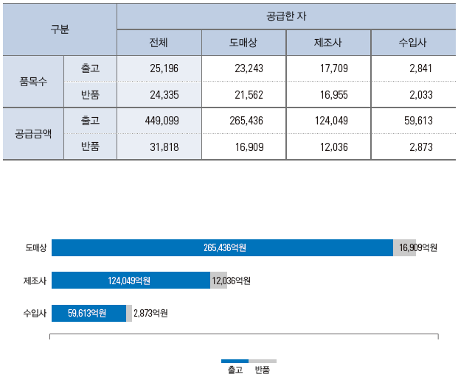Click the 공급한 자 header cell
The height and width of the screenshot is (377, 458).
pos(286,15)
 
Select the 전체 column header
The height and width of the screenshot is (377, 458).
pos(159,43)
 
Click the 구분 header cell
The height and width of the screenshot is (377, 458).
pos(60,29)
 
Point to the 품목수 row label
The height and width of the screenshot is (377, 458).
pos(33,81)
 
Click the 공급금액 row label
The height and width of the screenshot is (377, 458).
pos(33,134)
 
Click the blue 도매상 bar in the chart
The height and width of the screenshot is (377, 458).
pos(222,248)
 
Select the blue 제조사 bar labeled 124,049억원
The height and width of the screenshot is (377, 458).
pos(131,281)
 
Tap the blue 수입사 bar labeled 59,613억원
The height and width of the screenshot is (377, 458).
pos(89,314)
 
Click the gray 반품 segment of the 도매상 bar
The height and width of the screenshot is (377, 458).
pos(404,248)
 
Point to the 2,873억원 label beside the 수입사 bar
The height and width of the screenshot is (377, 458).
pos(150,314)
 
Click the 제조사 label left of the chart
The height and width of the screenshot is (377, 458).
pos(35,281)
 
